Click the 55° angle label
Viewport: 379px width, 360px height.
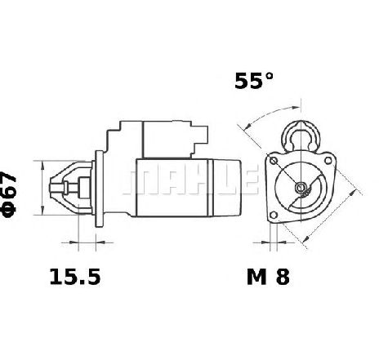253,81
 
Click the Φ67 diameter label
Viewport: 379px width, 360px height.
10,194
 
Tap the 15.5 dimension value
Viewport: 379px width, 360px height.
75,277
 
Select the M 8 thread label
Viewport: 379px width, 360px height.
268,277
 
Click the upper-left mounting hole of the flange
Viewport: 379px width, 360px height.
274,161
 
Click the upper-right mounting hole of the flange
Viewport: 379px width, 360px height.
328,161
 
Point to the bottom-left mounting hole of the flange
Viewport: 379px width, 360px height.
274,216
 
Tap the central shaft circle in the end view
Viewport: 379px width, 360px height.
301,187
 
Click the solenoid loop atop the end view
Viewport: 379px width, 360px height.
301,136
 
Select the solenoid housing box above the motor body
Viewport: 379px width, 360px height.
166,140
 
